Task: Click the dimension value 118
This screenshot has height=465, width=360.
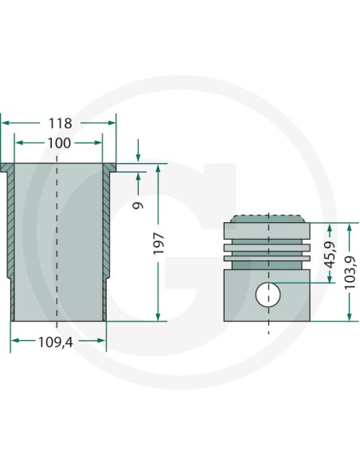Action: (x=60, y=123)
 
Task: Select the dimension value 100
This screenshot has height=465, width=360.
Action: (x=60, y=143)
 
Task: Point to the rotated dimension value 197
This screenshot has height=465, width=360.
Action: (x=158, y=243)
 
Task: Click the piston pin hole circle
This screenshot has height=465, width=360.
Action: (x=268, y=295)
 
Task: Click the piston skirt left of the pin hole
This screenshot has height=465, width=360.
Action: (x=239, y=295)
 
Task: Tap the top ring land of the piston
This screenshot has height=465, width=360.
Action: (x=268, y=231)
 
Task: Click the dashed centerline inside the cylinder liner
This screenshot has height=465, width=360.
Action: (x=59, y=239)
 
